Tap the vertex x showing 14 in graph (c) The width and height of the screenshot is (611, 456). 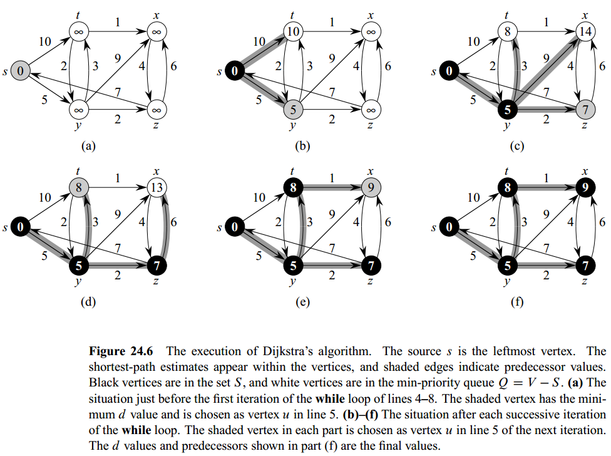pyautogui.click(x=585, y=31)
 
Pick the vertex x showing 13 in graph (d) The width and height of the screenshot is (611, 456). pyautogui.click(x=156, y=187)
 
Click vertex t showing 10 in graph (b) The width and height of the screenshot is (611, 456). pyautogui.click(x=294, y=31)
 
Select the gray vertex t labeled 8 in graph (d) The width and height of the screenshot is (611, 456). pyautogui.click(x=80, y=187)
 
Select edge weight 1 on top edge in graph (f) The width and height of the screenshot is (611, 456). pyautogui.click(x=545, y=177)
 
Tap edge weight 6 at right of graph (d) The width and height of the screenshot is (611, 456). pyautogui.click(x=173, y=221)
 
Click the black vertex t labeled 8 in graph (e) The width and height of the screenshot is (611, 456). pyautogui.click(x=294, y=187)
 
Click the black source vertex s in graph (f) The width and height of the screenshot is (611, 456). pyautogui.click(x=449, y=227)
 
